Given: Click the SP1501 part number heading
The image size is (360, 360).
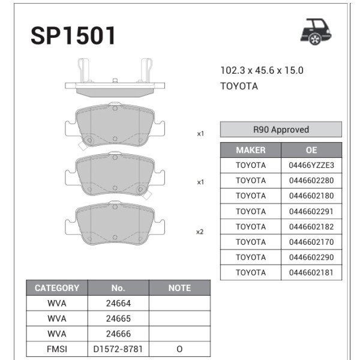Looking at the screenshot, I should (73, 36).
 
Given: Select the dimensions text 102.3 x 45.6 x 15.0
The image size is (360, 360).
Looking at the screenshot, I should (262, 70).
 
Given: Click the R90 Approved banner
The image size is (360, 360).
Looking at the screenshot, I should (281, 130).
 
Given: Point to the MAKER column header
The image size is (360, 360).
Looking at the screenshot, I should (251, 150).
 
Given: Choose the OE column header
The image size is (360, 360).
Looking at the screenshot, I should (311, 150).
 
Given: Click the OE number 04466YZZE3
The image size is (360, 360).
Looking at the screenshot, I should (311, 165).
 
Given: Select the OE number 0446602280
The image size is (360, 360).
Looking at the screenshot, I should (311, 181).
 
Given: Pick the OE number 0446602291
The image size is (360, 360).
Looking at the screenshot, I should (311, 211).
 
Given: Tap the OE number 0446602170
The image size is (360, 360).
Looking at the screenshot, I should (311, 242).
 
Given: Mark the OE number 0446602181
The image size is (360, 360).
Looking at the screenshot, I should (311, 272).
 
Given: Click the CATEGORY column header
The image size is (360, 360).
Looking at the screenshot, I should (57, 288).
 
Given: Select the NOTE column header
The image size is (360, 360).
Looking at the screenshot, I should (179, 288).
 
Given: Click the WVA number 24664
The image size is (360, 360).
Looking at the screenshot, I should (118, 304).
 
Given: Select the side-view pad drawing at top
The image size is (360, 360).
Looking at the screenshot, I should (113, 79).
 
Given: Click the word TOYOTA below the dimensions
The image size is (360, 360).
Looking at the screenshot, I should (239, 86).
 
